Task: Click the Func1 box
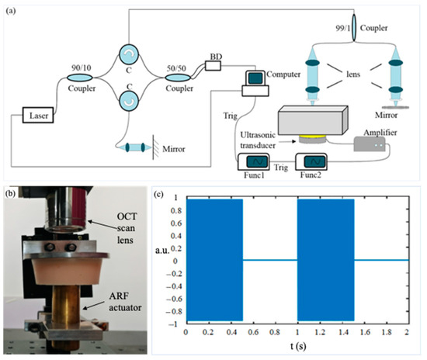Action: (253, 161)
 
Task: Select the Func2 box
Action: (315, 161)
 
